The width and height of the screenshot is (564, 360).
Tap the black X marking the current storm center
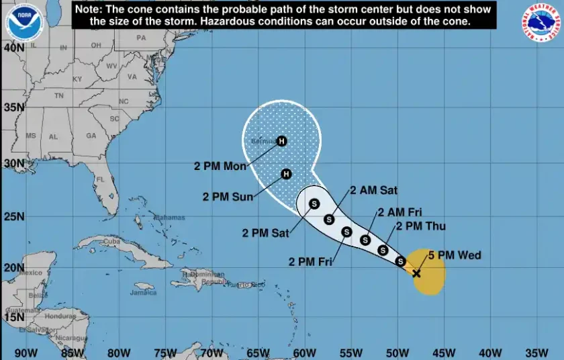coord(416,273)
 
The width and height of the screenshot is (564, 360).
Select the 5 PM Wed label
coord(460,255)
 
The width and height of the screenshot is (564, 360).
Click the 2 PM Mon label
coord(221,166)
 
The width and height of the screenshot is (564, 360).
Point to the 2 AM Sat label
coord(375,190)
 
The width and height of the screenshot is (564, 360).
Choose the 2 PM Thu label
coord(421,226)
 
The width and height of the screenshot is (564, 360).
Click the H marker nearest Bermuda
coord(282,141)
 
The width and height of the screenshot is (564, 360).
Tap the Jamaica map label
coord(143,293)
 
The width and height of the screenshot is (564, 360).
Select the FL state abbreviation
coord(101,180)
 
